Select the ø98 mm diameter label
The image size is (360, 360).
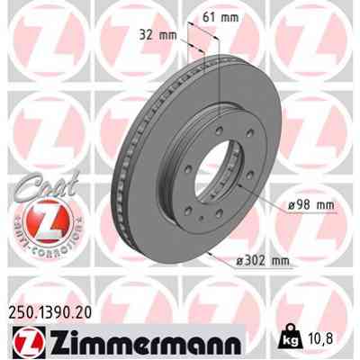(311, 206)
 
